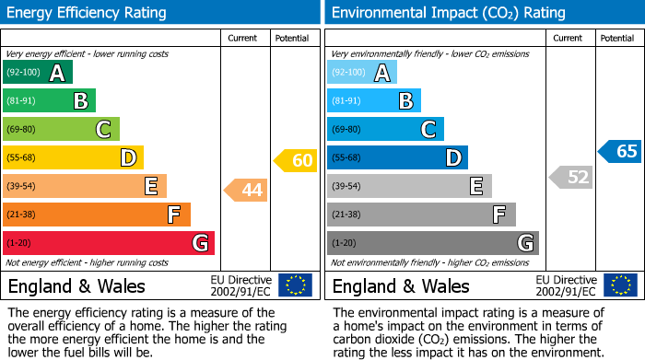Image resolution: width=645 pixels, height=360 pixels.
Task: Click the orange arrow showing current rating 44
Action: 246,191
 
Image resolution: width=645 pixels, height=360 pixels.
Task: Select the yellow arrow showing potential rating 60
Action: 295,161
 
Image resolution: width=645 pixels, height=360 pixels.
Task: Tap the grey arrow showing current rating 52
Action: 570,177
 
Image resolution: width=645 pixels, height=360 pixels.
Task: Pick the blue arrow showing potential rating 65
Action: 619,152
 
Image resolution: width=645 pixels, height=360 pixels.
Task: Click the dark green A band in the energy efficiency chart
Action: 38,73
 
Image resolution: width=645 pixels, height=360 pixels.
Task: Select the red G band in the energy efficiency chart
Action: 109,243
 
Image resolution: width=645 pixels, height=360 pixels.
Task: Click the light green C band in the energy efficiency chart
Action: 62,130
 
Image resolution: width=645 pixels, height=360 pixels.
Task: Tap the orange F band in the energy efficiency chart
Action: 97,215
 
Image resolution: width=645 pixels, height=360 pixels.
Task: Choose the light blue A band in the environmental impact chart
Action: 362,73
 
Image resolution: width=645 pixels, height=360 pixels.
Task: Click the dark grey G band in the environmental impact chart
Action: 432,243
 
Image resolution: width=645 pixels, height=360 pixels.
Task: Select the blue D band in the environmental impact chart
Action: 397,157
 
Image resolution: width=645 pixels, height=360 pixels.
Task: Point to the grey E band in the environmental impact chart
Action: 409,186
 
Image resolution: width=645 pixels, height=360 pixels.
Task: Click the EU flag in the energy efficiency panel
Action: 295,285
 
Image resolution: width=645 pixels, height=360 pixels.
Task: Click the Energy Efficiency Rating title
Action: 88,13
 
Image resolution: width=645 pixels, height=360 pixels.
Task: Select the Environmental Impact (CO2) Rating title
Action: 448,13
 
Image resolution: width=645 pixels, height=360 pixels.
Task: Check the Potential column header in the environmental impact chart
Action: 617,38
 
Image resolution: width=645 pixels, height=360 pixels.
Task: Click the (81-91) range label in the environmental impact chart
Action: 347,101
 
